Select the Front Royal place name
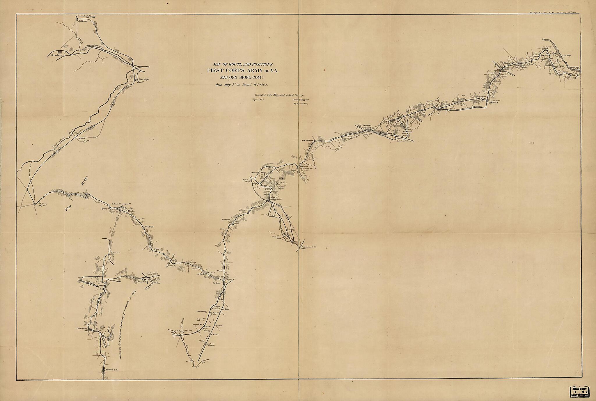coord(144,79)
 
